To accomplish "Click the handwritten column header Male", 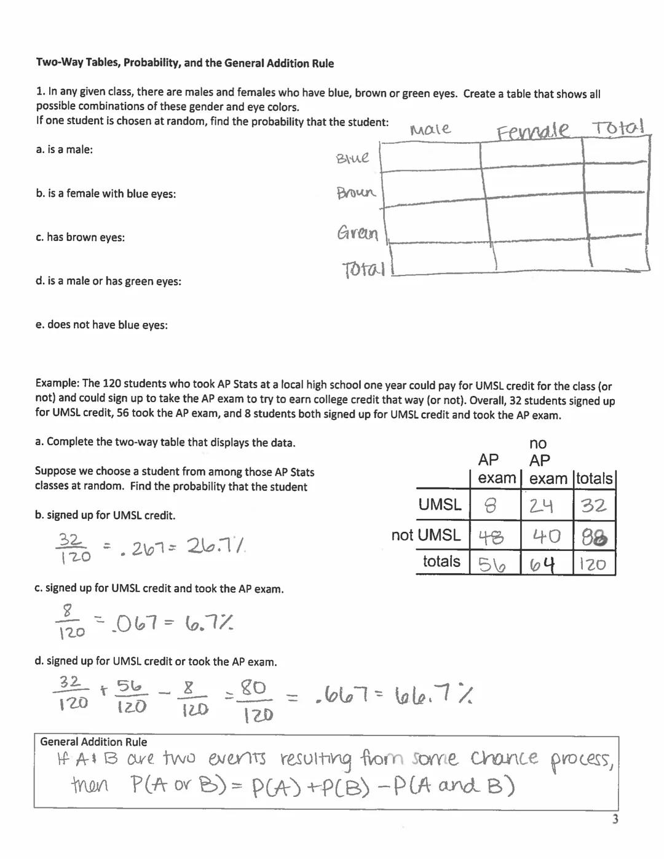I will (x=430, y=129).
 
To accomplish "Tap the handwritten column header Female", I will (x=533, y=131).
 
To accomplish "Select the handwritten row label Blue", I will (x=353, y=158).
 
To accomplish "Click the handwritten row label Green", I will (x=357, y=234).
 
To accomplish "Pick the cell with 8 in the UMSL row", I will (x=491, y=506).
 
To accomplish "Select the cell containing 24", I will (x=542, y=506).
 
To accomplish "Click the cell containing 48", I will (x=491, y=537).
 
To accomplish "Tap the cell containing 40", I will (x=546, y=537).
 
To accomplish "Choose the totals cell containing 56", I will (x=492, y=564).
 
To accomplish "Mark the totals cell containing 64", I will (x=543, y=564).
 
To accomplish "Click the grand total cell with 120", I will (x=593, y=564).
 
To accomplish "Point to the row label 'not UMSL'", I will (x=425, y=535).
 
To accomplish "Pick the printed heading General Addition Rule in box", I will (x=93, y=742).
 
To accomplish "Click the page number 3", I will (x=615, y=819).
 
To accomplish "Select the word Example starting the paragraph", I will (x=57, y=386).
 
